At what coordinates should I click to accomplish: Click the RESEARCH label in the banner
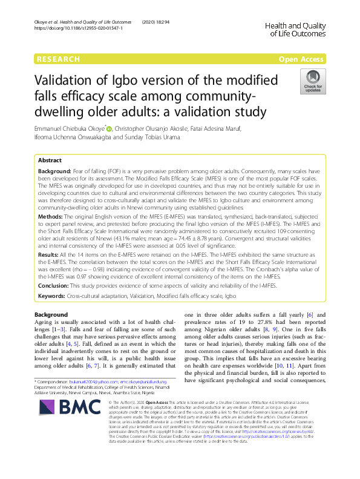58,59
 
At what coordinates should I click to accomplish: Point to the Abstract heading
50,160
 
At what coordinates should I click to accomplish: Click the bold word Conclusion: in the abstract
54,286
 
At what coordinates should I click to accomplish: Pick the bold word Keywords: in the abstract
52,296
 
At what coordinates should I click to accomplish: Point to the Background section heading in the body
52,315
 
